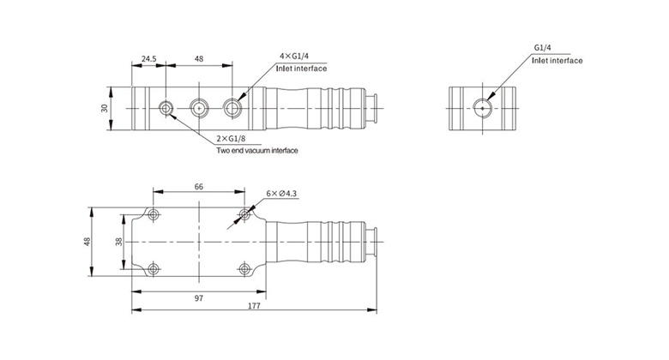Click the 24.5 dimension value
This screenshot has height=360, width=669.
pos(149,58)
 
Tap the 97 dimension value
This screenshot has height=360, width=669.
pos(199,297)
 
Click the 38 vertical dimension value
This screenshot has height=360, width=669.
pos(119,242)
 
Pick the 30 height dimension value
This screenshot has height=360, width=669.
pos(105,108)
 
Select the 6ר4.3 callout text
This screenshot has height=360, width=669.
pos(281,193)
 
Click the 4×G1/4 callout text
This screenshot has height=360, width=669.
pos(294,56)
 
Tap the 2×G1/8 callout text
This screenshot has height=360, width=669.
pos(231,139)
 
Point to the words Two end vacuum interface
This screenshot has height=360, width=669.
pos(256,150)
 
